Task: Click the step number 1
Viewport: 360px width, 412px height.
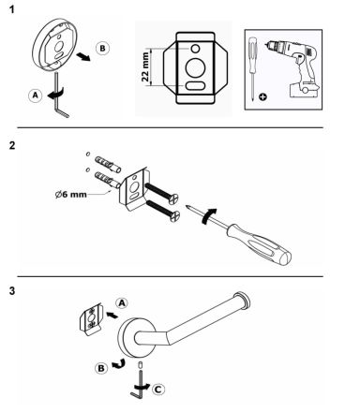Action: coord(12,9)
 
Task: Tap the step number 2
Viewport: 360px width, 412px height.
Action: coord(12,145)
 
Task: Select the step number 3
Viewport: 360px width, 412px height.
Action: coord(12,291)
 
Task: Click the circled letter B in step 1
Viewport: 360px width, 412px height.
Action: coord(102,49)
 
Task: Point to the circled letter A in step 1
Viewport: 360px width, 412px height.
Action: coord(36,96)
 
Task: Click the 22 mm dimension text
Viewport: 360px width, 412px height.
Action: coord(145,66)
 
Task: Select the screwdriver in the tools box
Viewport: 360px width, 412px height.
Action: coord(252,68)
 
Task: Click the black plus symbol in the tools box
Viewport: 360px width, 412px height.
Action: coord(263,97)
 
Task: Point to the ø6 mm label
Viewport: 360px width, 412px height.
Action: coord(70,194)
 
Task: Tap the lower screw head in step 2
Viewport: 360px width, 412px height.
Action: coord(174,215)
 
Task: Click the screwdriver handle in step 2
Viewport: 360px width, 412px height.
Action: coord(260,244)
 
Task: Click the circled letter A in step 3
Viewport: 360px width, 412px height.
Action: coord(122,302)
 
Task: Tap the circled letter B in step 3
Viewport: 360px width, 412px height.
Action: coord(101,368)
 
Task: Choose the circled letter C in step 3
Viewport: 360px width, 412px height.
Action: coord(158,390)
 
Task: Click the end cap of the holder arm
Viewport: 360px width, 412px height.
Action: coord(243,302)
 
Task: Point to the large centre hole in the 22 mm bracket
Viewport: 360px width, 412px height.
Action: coord(195,67)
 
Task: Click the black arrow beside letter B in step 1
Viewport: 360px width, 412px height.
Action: coord(83,56)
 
